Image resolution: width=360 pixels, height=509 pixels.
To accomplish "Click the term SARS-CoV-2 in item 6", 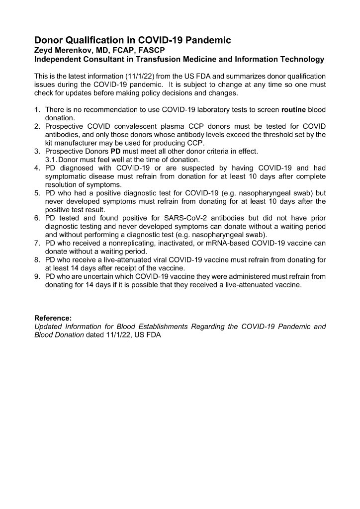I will tap(187, 218).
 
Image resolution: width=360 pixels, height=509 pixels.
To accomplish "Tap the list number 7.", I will tap(37, 243).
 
